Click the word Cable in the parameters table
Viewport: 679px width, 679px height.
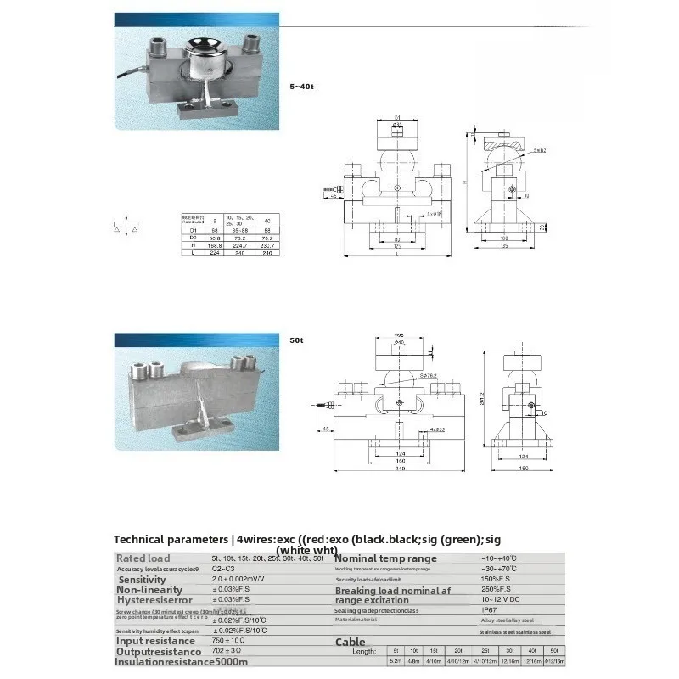point(351,642)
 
